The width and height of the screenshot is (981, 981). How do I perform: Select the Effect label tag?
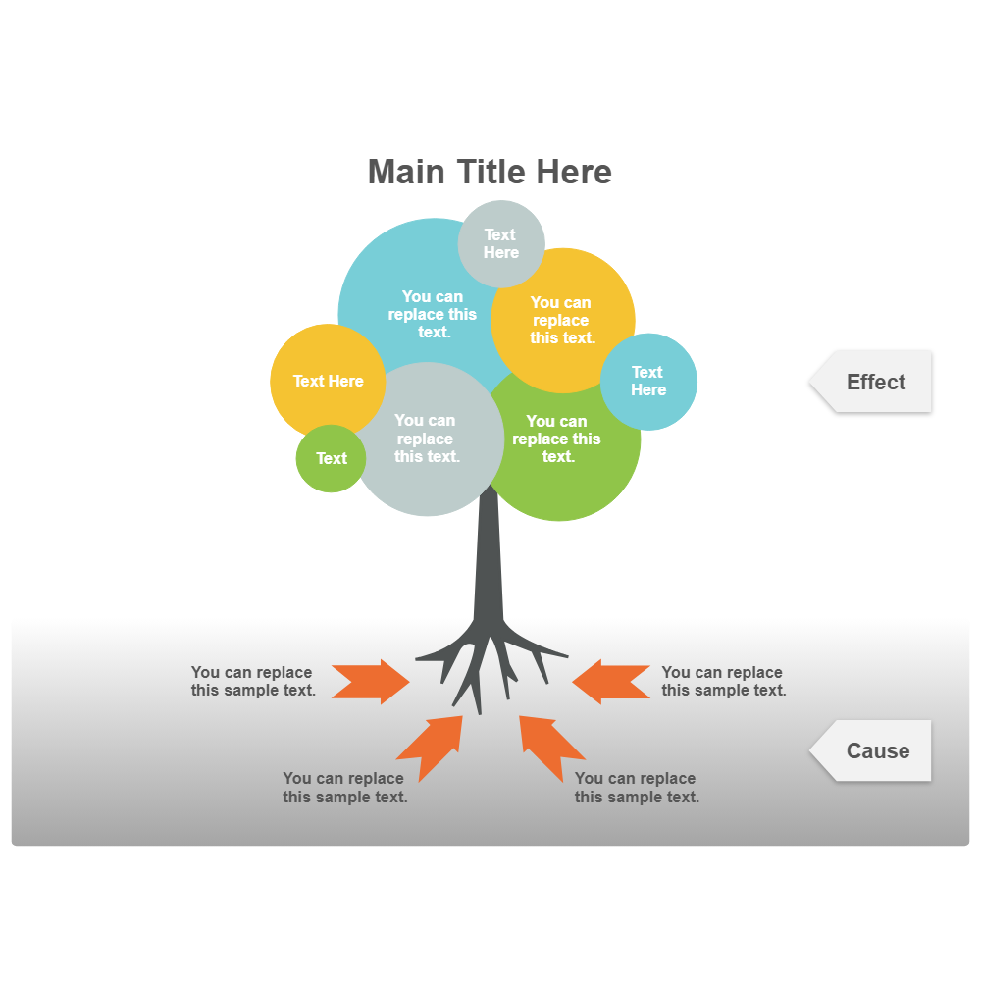tap(873, 382)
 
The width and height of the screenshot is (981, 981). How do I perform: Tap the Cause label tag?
tap(875, 750)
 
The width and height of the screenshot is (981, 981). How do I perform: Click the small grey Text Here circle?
tap(501, 243)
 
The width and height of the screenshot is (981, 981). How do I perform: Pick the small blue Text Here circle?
tap(648, 382)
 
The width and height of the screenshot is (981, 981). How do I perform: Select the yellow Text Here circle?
tap(328, 381)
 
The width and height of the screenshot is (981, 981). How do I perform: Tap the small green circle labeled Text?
tap(331, 458)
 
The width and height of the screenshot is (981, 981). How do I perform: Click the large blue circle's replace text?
tap(433, 314)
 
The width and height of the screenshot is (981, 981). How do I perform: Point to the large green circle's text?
tap(557, 439)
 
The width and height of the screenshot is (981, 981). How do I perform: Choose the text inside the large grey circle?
tap(426, 439)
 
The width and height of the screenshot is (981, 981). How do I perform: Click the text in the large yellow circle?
tap(562, 320)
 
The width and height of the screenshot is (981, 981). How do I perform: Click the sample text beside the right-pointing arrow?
tap(253, 682)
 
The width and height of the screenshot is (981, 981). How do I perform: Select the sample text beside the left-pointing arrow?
tap(723, 682)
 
